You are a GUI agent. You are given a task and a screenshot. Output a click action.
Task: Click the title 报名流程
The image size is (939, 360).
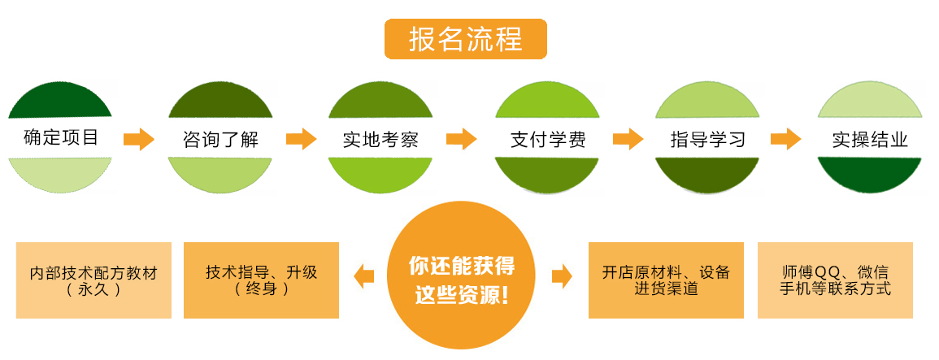pos(465,39)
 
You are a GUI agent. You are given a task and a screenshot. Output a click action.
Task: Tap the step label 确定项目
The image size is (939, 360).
pos(61,137)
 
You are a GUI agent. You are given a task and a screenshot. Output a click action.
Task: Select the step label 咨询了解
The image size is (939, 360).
pos(220,139)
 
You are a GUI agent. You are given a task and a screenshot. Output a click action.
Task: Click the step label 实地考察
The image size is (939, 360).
pos(380,139)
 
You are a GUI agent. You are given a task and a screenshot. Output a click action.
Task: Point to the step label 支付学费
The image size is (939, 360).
pos(546,139)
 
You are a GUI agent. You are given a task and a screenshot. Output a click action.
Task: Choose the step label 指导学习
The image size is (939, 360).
pos(706,139)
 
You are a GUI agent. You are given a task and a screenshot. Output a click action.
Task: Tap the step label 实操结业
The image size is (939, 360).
pos(869,139)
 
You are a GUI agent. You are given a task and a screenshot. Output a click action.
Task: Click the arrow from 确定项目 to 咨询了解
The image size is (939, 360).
pos(139,139)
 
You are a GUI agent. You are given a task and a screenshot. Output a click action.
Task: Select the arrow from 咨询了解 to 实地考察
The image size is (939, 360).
pos(300,139)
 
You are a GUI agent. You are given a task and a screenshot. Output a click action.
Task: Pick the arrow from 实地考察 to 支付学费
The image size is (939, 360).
pos(461,139)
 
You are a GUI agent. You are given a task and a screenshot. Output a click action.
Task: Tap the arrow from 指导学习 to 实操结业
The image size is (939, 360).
pos(786,139)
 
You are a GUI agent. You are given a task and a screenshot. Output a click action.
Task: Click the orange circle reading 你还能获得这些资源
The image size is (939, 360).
pos(462,280)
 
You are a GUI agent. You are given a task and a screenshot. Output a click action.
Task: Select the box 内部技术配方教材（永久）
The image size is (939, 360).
pos(93,280)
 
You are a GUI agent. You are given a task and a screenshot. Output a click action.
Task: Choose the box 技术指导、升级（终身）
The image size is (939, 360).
pos(261,280)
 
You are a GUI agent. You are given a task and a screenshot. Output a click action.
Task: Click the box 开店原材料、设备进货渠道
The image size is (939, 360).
pos(666,280)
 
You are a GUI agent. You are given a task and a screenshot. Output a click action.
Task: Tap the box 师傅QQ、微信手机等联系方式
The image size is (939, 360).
pos(835,280)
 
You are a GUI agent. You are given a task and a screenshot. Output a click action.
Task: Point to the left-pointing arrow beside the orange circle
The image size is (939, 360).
pos(364,276)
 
